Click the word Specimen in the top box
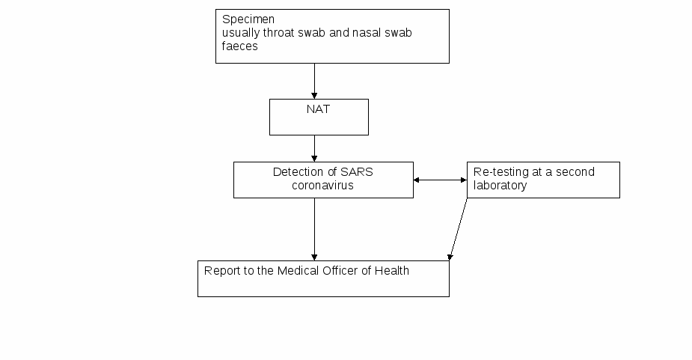[248, 20]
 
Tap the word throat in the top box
[278, 33]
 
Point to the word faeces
[239, 46]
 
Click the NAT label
[318, 109]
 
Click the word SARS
[357, 172]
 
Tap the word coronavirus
[322, 185]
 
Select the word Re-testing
[501, 172]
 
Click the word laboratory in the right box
[500, 186]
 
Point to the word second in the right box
[575, 172]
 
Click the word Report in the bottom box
[221, 271]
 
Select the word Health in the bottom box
[392, 270]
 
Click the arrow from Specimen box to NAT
[314, 82]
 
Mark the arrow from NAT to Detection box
[314, 148]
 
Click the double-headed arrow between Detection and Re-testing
[440, 180]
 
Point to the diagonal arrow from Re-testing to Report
[458, 229]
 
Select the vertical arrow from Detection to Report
[314, 229]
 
